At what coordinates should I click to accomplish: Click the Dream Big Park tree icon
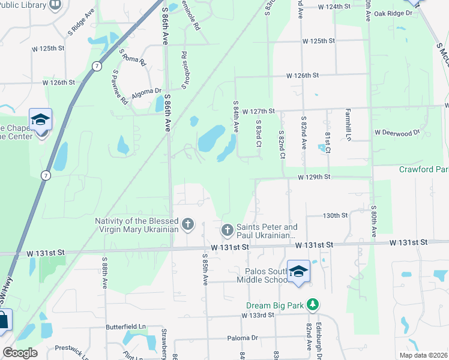tap(312, 304)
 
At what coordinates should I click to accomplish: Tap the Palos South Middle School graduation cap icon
tap(298, 272)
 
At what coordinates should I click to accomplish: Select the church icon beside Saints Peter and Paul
tap(228, 230)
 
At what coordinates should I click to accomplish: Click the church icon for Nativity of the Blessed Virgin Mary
tap(188, 224)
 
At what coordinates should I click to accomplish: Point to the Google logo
tap(20, 353)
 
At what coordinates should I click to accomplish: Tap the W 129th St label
tap(315, 177)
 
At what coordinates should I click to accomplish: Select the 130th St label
tap(336, 215)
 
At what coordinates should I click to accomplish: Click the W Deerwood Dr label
tap(397, 132)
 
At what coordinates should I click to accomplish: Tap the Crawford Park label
tap(424, 169)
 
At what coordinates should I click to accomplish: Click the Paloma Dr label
tap(243, 338)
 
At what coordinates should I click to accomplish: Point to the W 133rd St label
tap(258, 315)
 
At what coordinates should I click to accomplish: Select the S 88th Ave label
tap(104, 272)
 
